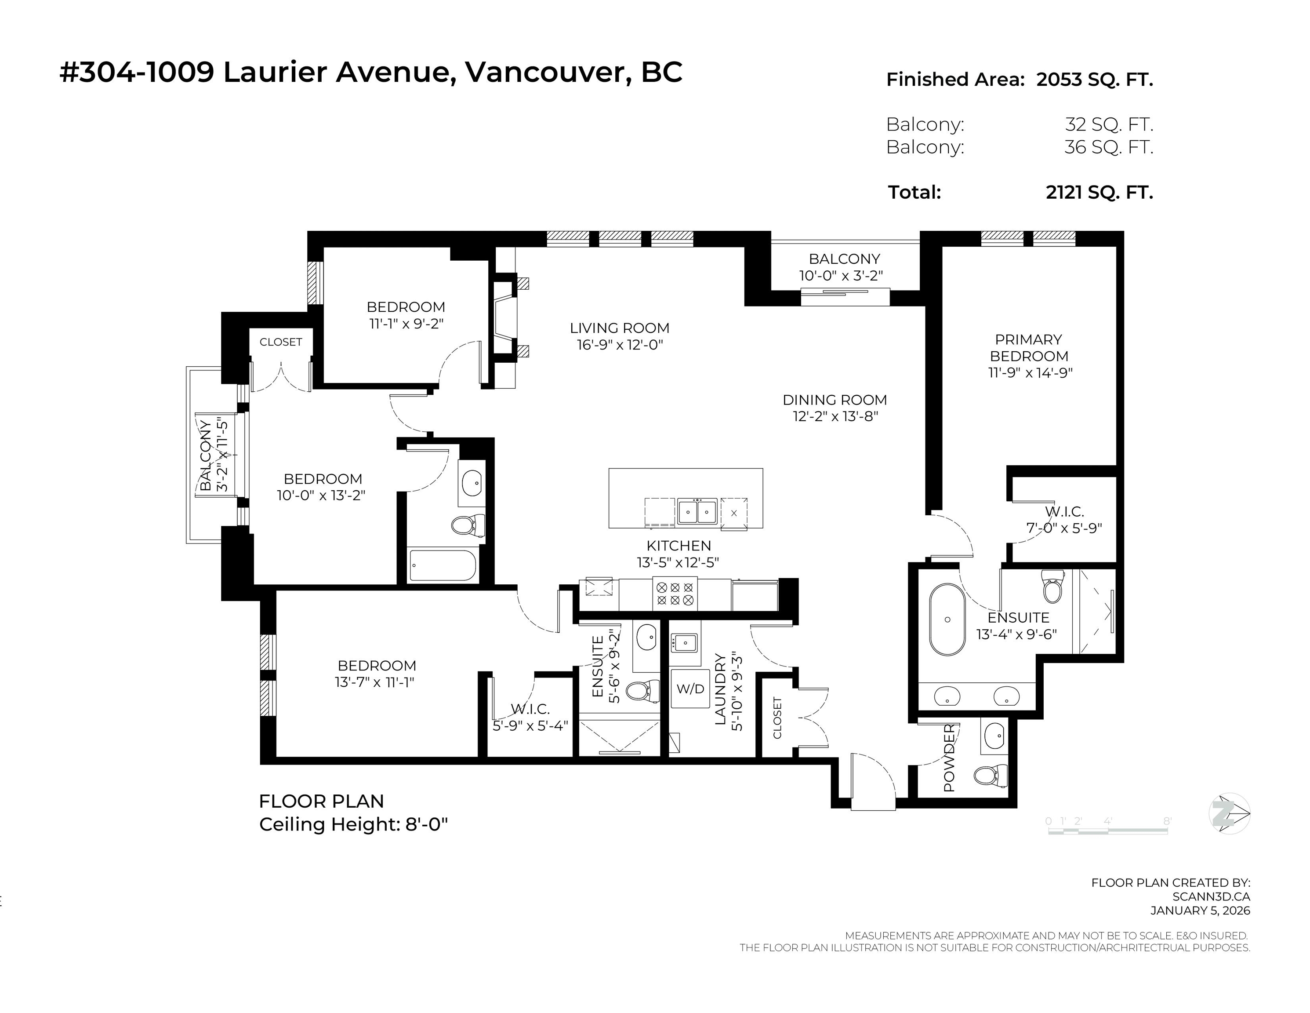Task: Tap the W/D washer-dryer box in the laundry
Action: pos(690,689)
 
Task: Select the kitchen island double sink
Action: pos(697,512)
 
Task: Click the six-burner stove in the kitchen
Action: pos(675,594)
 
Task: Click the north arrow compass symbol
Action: pos(1229,814)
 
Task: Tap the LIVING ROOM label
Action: pos(619,328)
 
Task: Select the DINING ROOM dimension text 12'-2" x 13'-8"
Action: pos(835,416)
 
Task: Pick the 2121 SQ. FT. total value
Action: pos(1100,192)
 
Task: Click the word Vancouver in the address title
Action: pos(545,73)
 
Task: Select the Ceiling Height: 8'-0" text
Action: pos(353,824)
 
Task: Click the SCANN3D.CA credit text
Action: pos(1211,896)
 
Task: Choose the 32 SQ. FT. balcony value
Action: pos(1109,125)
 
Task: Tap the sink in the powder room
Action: pos(995,733)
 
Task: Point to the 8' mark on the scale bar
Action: pos(1167,821)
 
